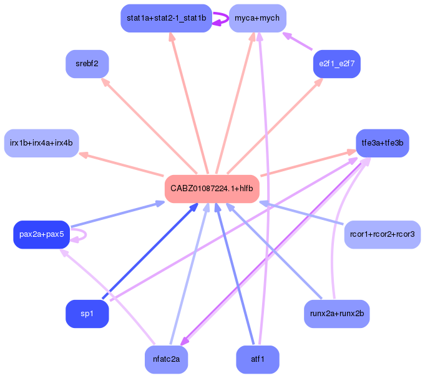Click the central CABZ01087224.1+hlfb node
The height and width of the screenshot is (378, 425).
click(212, 189)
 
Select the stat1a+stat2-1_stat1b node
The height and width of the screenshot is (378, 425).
click(166, 18)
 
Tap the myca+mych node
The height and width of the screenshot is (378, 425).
click(257, 18)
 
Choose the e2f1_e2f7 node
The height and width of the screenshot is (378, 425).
click(336, 64)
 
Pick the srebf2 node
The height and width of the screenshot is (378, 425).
click(87, 64)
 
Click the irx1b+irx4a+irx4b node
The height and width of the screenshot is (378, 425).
click(41, 143)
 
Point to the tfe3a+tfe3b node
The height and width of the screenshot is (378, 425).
click(382, 143)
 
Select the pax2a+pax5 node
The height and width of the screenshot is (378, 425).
click(41, 234)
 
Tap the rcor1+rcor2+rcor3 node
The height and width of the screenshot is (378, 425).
click(382, 234)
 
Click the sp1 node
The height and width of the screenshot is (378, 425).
click(87, 314)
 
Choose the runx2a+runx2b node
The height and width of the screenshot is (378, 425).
click(336, 314)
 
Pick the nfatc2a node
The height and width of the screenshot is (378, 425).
click(166, 359)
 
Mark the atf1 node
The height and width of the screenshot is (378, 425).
click(257, 359)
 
